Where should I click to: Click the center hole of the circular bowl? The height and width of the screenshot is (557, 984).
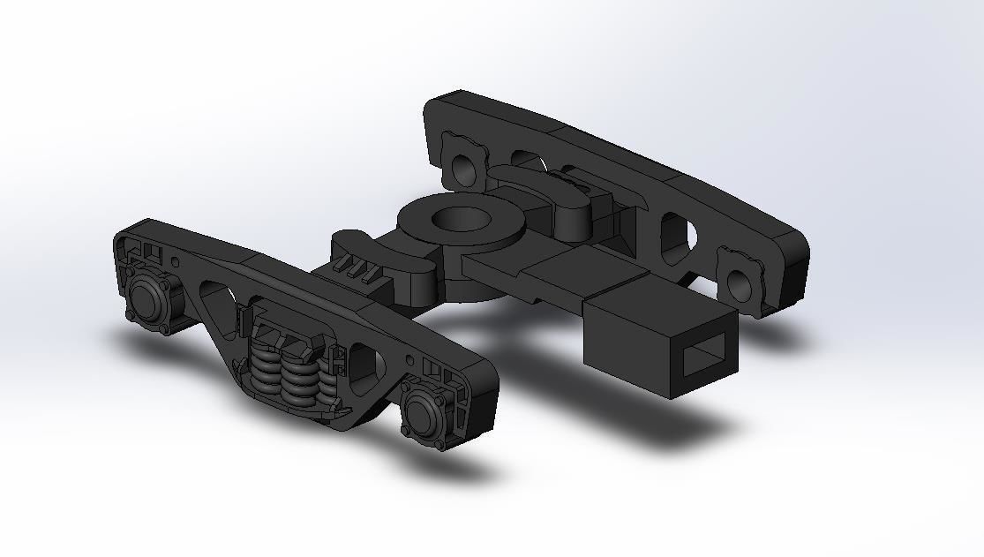[x=462, y=217]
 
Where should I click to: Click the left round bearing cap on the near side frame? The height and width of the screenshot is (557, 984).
[x=146, y=299]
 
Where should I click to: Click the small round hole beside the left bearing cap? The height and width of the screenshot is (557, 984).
[x=176, y=261]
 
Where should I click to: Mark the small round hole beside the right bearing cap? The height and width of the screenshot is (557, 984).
[x=409, y=360]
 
